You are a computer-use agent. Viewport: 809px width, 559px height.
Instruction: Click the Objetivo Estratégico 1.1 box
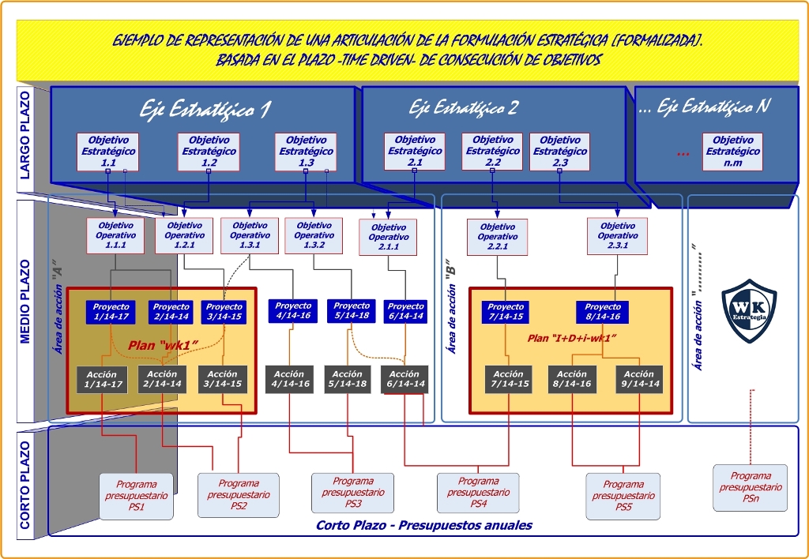[108, 152]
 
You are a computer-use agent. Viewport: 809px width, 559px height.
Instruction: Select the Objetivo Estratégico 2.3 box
[559, 152]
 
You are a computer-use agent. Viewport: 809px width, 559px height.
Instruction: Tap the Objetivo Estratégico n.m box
[732, 152]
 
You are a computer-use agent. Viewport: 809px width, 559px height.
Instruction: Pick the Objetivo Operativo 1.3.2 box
[314, 235]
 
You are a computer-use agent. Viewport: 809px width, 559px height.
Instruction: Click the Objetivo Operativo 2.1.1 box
[388, 238]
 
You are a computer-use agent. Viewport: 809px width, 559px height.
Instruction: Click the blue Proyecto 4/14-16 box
[293, 311]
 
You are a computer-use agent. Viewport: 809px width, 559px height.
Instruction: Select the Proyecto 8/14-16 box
[603, 312]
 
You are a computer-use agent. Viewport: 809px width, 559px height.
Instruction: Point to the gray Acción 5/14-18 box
[347, 379]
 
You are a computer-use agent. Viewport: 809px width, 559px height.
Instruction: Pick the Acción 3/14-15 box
[222, 380]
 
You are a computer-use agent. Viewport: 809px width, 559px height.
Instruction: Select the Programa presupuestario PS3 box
[352, 492]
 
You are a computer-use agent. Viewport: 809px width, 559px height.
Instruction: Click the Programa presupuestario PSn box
[750, 487]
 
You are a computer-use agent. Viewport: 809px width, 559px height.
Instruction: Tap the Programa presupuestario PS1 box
[136, 496]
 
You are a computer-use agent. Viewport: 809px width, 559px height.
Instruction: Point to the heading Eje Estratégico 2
[464, 107]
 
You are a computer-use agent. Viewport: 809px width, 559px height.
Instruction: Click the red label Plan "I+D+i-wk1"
[571, 338]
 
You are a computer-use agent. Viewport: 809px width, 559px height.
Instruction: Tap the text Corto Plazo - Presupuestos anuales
[423, 525]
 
